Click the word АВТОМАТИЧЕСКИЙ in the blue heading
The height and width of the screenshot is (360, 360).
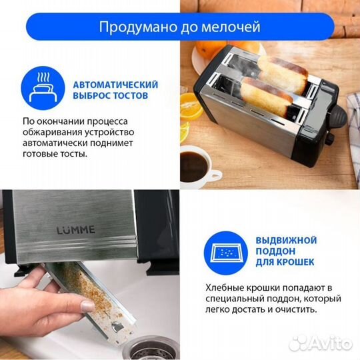tap(115, 85)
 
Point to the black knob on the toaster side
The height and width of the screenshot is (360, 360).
tap(328, 141)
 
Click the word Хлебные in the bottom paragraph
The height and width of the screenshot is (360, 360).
tap(226, 287)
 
